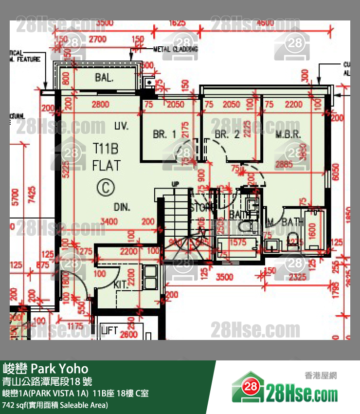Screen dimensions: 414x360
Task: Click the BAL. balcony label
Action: point(105,77)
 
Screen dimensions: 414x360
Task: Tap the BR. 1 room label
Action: point(164,134)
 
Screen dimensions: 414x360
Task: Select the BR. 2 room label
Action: point(227,134)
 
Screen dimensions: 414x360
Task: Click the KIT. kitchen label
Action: point(121,285)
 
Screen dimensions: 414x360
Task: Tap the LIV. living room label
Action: point(122,126)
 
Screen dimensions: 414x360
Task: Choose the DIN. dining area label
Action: point(122,207)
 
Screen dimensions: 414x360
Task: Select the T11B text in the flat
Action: point(106,149)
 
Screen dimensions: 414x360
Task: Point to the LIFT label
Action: point(109,331)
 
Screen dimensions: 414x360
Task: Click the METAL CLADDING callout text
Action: point(176,49)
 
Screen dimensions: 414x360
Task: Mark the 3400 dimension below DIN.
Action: point(108,222)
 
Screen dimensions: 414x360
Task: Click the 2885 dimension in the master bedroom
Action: point(284,165)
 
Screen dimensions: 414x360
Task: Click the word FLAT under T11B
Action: point(106,166)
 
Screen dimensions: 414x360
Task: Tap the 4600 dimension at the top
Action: point(265,23)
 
